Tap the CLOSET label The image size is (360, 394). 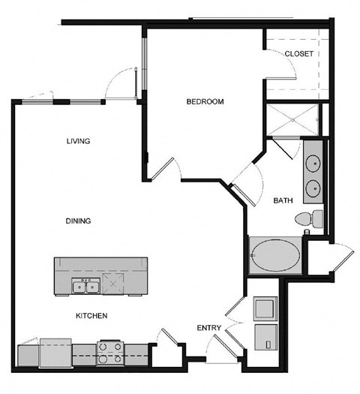pos(298,54)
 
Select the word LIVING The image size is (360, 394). pos(78,141)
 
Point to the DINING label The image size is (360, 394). pos(78,221)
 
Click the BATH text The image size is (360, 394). pos(283,200)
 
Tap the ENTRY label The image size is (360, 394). pos(208,328)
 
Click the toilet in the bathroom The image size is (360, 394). pos(309,219)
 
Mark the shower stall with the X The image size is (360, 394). pos(291,119)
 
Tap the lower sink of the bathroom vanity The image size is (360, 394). pos(313,186)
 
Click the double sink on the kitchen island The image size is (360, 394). pos(85,286)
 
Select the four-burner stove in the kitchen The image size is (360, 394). pos(110,352)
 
